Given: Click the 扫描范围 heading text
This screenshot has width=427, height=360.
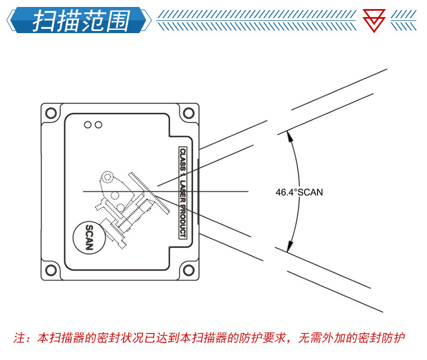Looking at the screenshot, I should [80, 20].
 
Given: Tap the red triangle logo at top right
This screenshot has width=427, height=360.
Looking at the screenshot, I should [374, 20].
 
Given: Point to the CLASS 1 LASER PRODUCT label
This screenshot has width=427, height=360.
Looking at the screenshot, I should [182, 193].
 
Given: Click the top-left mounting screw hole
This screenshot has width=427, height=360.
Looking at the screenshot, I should [51, 113].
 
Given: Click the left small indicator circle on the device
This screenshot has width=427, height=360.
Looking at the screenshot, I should [88, 125].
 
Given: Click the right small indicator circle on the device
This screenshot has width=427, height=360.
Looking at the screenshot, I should [98, 125].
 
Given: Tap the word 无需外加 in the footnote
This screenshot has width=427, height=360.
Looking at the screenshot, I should [319, 338].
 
